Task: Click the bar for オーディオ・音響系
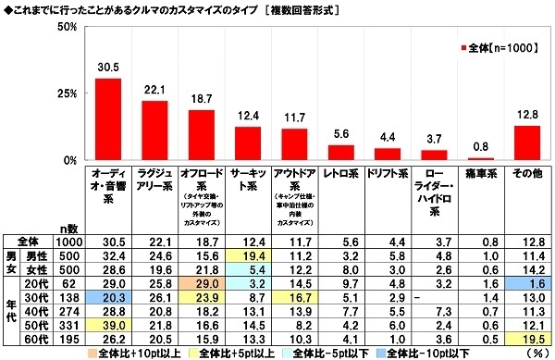click(108, 119)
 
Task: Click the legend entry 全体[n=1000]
click(500, 46)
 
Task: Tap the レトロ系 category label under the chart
click(343, 173)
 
